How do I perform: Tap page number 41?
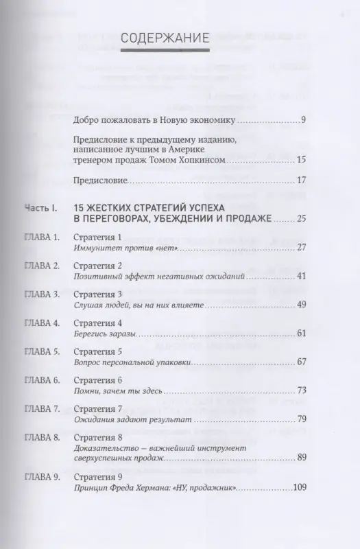[x=300, y=277]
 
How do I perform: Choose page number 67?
[x=300, y=362]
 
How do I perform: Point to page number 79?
[x=300, y=418]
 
